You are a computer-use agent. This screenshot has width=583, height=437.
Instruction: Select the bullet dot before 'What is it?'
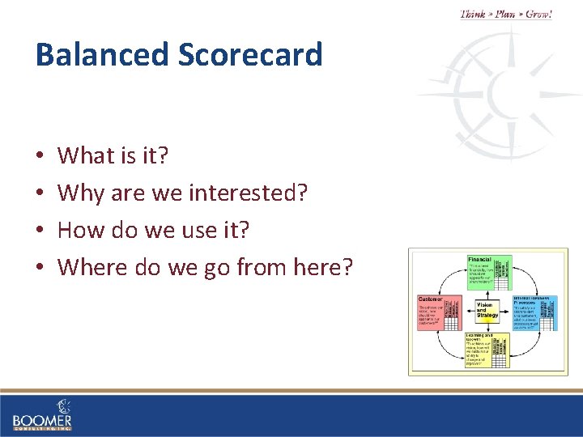pos(40,155)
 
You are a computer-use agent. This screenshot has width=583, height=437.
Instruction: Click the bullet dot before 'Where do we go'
pos(40,267)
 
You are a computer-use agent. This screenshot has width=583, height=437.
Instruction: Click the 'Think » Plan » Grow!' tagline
pos(505,14)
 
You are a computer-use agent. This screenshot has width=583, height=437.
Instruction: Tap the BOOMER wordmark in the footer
pos(42,421)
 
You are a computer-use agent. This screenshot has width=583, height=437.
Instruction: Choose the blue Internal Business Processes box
pos(536,312)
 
